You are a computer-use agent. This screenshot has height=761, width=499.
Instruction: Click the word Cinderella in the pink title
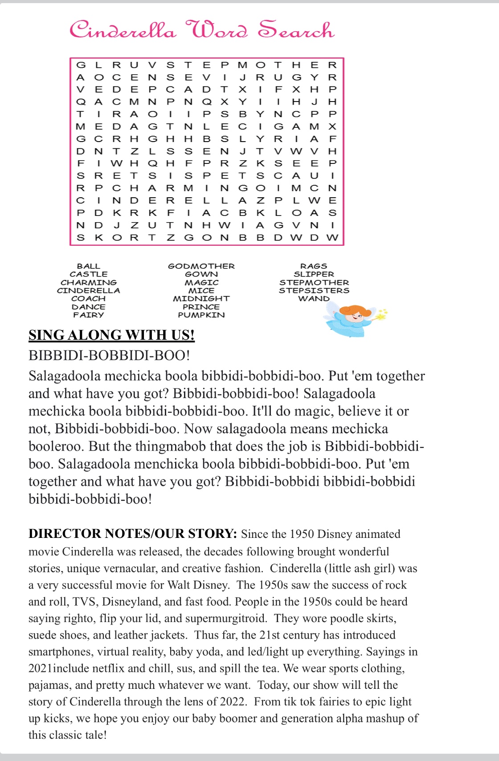click(123, 30)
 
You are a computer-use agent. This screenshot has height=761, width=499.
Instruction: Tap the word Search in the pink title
click(296, 30)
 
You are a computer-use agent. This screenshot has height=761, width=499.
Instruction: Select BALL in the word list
click(89, 266)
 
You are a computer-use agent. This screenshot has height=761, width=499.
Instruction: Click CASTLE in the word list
click(89, 274)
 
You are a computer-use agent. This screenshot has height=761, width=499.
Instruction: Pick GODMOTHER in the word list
click(201, 266)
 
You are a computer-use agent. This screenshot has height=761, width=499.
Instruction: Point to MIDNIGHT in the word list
click(201, 298)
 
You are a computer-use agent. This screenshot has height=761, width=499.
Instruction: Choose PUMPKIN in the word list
click(201, 315)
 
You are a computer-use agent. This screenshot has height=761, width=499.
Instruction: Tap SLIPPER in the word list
click(314, 274)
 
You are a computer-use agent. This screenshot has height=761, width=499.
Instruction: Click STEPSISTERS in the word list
click(314, 290)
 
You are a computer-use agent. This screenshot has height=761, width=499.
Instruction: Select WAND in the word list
click(314, 298)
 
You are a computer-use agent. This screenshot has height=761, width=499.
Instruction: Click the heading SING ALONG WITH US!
click(111, 335)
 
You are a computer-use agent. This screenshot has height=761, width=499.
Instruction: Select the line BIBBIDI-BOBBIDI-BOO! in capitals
click(109, 355)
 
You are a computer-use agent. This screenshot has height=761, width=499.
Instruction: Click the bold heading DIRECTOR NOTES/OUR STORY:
click(132, 533)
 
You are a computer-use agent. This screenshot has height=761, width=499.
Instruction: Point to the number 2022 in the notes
click(232, 702)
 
